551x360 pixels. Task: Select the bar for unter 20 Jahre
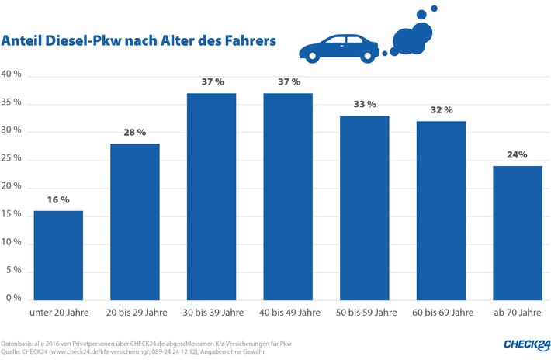pyautogui.click(x=58, y=254)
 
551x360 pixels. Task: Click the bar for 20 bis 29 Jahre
pyautogui.click(x=135, y=221)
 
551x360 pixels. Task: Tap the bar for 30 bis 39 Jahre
pyautogui.click(x=211, y=196)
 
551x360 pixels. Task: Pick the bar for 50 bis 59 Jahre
pyautogui.click(x=364, y=207)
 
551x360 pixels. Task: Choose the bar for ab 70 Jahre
pyautogui.click(x=517, y=232)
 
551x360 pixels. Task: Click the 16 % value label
pyautogui.click(x=58, y=199)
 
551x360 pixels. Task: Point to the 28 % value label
pyautogui.click(x=135, y=133)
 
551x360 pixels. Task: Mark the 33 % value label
pyautogui.click(x=364, y=104)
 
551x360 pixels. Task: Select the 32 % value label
pyautogui.click(x=441, y=109)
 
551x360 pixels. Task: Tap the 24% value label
pyautogui.click(x=517, y=154)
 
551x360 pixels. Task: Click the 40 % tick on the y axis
pyautogui.click(x=13, y=75)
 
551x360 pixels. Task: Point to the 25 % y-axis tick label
pyautogui.click(x=13, y=160)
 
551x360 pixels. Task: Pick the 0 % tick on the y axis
pyautogui.click(x=16, y=299)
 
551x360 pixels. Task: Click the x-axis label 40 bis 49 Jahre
pyautogui.click(x=288, y=313)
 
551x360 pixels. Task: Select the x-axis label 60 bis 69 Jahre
pyautogui.click(x=441, y=313)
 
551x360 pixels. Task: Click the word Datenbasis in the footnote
pyautogui.click(x=18, y=342)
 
